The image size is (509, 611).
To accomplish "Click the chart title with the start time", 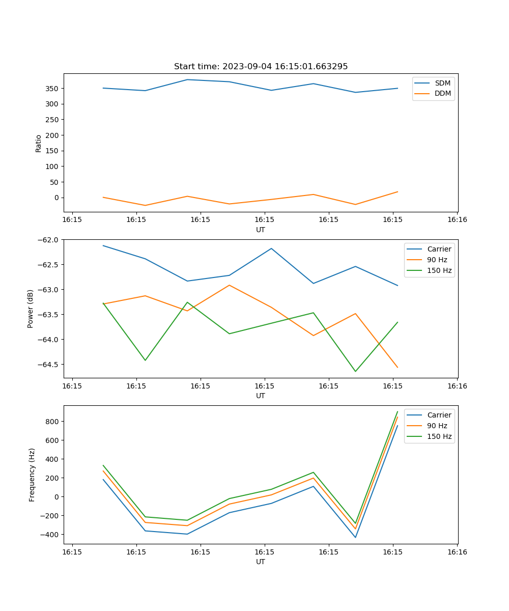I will click(261, 67).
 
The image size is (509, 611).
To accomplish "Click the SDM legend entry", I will click(442, 83).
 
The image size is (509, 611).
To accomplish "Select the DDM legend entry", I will click(442, 93).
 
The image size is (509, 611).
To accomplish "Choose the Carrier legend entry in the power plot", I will click(439, 249).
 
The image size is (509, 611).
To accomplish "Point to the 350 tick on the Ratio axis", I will click(53, 89).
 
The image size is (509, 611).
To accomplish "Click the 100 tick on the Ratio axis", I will click(53, 166).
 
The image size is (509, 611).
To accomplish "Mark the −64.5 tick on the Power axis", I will click(49, 365).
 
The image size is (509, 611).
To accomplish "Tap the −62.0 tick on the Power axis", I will click(49, 240).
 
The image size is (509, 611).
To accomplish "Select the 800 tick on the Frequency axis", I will click(53, 422).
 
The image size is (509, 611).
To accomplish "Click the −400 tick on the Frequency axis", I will click(51, 535).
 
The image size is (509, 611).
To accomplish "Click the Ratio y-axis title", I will click(39, 143).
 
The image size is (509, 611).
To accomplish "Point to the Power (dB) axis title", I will click(31, 309).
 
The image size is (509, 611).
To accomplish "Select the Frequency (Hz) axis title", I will click(32, 475).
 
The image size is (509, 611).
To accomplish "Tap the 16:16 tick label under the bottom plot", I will click(457, 551).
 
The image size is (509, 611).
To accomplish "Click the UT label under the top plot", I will click(261, 230).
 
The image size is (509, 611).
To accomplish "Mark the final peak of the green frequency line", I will click(398, 411).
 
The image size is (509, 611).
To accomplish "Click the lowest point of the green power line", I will click(355, 371).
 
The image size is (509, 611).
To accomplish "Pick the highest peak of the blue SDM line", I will click(187, 79).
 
